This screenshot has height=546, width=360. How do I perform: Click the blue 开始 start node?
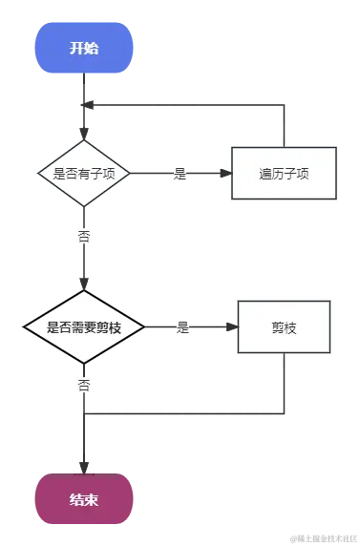coord(84,49)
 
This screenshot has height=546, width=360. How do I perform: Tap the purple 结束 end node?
coord(84,499)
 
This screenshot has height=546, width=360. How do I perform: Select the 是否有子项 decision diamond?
coord(84,174)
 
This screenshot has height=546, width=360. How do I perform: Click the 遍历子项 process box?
coord(284,174)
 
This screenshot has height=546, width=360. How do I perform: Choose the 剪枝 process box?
coord(284,327)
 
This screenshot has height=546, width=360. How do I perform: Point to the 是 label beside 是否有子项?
coord(179,174)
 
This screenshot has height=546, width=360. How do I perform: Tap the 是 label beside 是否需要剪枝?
coord(183,327)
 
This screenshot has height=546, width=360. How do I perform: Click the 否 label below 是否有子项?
coord(84,233)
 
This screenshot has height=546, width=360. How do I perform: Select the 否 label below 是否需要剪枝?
coord(84,386)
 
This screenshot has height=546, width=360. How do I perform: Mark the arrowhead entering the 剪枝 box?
coord(231,327)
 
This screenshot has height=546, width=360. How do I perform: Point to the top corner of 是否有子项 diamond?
coord(84,139)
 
